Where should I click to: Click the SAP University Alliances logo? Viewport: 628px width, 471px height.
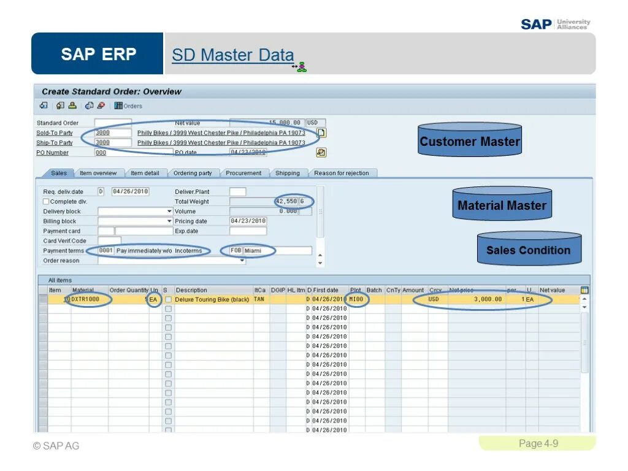pyautogui.click(x=555, y=24)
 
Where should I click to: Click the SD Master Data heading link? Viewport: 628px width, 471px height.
pyautogui.click(x=232, y=55)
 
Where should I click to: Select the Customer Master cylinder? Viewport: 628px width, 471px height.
pyautogui.click(x=470, y=141)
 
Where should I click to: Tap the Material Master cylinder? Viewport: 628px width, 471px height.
pyautogui.click(x=502, y=205)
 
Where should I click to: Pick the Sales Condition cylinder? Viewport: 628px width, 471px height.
pyautogui.click(x=529, y=250)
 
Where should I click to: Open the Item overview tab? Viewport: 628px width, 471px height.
pyautogui.click(x=98, y=173)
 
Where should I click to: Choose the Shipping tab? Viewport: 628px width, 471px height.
pyautogui.click(x=288, y=173)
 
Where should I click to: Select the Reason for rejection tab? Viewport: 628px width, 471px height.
pyautogui.click(x=342, y=173)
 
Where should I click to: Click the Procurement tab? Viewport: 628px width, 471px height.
pyautogui.click(x=243, y=173)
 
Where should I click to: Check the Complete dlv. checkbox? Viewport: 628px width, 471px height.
pyautogui.click(x=46, y=201)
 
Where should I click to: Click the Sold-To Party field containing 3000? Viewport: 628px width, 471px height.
pyautogui.click(x=113, y=132)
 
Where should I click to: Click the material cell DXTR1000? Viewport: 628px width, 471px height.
pyautogui.click(x=86, y=299)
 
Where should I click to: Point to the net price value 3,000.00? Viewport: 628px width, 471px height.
pyautogui.click(x=488, y=299)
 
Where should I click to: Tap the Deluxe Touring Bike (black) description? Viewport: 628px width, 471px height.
pyautogui.click(x=212, y=299)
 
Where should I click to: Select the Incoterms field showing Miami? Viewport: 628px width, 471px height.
pyautogui.click(x=277, y=251)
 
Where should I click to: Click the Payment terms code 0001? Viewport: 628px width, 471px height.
pyautogui.click(x=106, y=251)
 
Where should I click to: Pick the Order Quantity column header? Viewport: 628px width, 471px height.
pyautogui.click(x=129, y=290)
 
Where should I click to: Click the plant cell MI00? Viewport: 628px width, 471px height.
pyautogui.click(x=356, y=299)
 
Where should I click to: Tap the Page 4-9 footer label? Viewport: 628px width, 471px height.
pyautogui.click(x=538, y=443)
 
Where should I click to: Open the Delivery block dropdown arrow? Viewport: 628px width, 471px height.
pyautogui.click(x=169, y=211)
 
